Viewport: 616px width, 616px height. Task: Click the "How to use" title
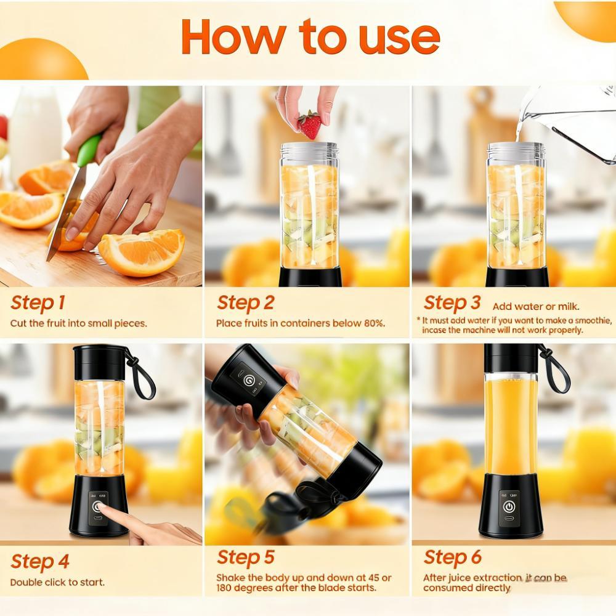click(x=310, y=37)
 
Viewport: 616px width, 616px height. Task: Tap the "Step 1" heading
click(x=38, y=303)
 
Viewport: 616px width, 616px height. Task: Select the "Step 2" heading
click(x=245, y=303)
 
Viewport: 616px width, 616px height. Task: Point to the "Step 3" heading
click(x=452, y=303)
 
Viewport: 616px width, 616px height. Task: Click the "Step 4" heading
click(x=39, y=562)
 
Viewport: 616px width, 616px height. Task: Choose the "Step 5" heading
click(x=245, y=558)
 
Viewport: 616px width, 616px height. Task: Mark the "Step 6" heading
click(x=452, y=558)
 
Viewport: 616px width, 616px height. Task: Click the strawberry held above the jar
click(x=309, y=125)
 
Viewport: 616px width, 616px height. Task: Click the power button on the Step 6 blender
click(x=509, y=506)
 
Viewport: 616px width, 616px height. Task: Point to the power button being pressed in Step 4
click(x=97, y=507)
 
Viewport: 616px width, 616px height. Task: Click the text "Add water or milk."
click(x=536, y=306)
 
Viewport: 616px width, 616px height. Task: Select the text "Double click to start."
click(x=57, y=582)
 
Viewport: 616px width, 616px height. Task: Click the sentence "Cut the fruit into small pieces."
click(x=78, y=323)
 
